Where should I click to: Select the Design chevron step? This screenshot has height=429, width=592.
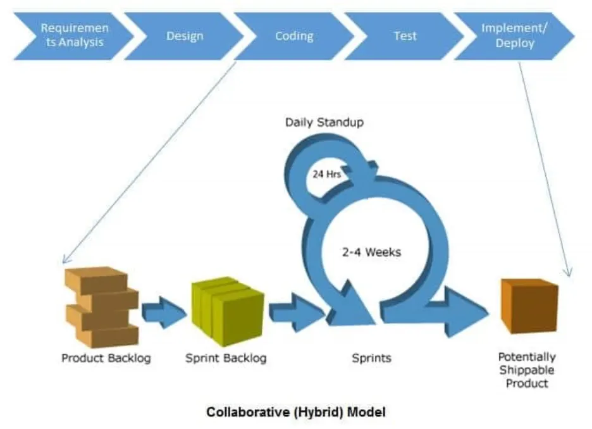coord(185,36)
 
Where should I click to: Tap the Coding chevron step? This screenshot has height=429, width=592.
coord(294,36)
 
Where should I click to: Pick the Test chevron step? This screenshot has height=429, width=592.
coord(405,36)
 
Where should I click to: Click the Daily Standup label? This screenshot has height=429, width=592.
coord(324,122)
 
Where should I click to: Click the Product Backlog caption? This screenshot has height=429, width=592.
coord(106,358)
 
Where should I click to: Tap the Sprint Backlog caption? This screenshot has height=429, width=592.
coord(226,358)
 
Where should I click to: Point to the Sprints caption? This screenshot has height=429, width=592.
coord(371,358)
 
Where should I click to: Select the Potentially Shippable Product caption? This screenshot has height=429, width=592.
coord(527,370)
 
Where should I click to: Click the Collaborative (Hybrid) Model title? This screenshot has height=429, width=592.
coord(295,412)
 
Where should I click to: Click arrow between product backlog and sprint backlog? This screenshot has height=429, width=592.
coord(163,312)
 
